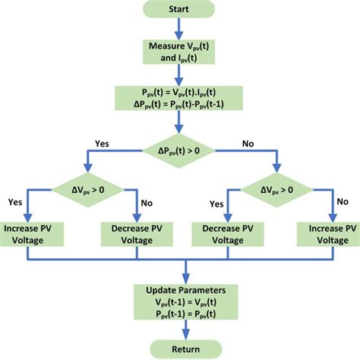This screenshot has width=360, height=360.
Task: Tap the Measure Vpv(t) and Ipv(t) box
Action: [x=180, y=50]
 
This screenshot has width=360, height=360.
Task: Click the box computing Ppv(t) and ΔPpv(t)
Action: [x=180, y=97]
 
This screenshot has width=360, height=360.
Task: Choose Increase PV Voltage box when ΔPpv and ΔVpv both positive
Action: [x=35, y=232]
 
